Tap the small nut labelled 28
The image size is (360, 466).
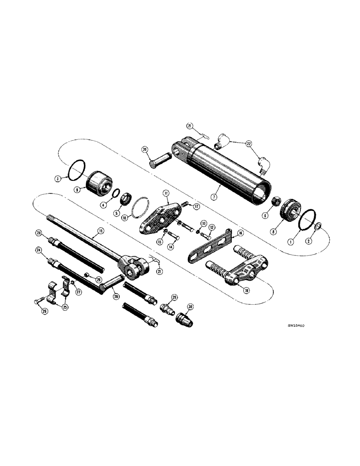(x=87, y=273)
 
